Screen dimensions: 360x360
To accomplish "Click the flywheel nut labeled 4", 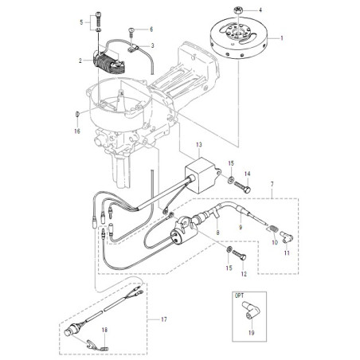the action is coord(237,10).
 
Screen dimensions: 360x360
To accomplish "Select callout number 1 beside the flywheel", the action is coord(282,38).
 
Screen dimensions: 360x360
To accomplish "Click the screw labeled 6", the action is coord(131,31).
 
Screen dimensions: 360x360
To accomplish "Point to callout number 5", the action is coord(81,22).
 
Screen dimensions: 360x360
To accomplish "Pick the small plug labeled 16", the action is coord(77,115).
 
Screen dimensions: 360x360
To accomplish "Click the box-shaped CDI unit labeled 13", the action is coord(203,175).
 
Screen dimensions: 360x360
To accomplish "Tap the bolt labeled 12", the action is coord(240,256).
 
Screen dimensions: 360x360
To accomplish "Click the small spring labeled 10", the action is coord(272,229).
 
